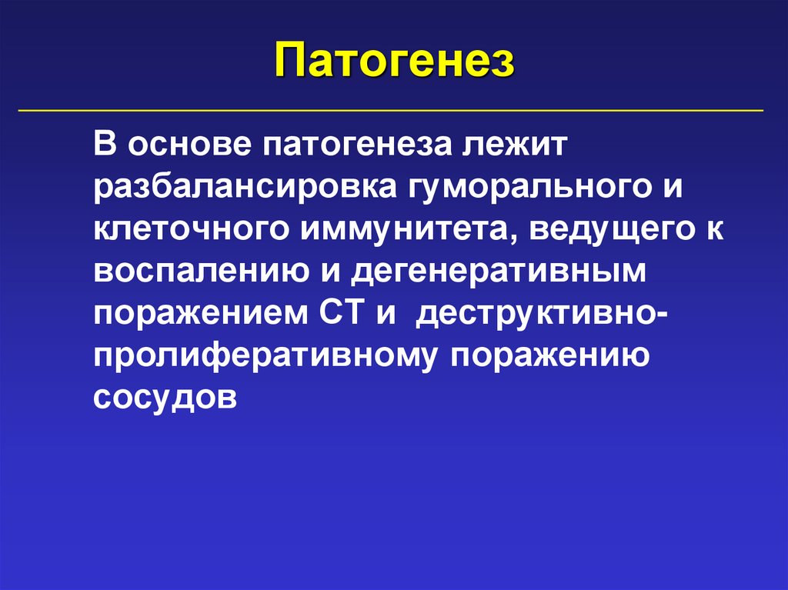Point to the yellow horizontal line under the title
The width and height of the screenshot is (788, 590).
pyautogui.click(x=391, y=111)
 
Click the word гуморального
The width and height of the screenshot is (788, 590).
pyautogui.click(x=512, y=188)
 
